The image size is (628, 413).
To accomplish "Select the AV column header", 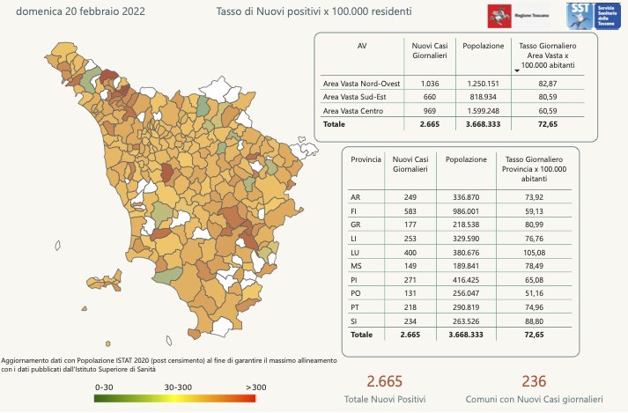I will point(361,45).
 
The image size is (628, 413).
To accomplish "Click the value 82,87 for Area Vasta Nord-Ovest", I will point(547,83).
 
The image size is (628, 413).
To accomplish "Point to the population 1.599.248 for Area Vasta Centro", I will point(484,111).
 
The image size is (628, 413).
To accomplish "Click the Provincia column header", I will point(366,159).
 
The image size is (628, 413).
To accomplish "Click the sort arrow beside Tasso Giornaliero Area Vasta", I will point(516,68).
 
